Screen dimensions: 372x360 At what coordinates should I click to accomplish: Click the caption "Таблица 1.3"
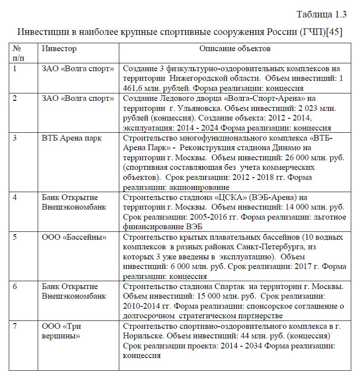pyautogui.click(x=322, y=14)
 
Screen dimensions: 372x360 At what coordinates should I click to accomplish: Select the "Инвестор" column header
pyautogui.click(x=59, y=48)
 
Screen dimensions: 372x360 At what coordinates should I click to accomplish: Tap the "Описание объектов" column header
pyautogui.click(x=235, y=48)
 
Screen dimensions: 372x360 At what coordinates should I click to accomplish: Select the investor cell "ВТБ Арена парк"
pyautogui.click(x=72, y=138)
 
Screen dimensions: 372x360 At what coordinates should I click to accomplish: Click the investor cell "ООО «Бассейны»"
pyautogui.click(x=74, y=237)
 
